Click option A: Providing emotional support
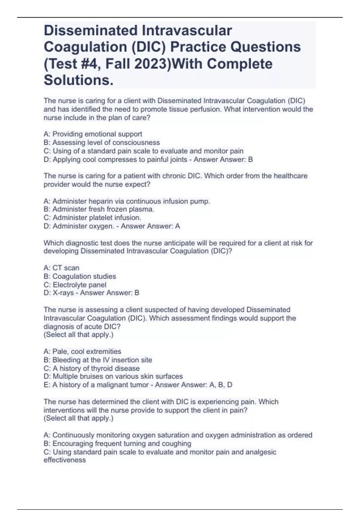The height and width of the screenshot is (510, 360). [93, 134]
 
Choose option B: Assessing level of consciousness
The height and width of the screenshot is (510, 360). [102, 142]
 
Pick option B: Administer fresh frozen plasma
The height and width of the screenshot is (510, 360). [99, 209]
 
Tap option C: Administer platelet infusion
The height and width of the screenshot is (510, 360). [92, 218]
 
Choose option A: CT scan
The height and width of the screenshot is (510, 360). [61, 268]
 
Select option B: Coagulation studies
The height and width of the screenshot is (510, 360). [80, 276]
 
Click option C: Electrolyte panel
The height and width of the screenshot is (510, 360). [75, 285]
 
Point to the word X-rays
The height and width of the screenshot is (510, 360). [63, 293]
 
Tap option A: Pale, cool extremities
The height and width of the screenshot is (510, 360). [82, 352]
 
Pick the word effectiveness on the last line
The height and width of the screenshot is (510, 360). [64, 460]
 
